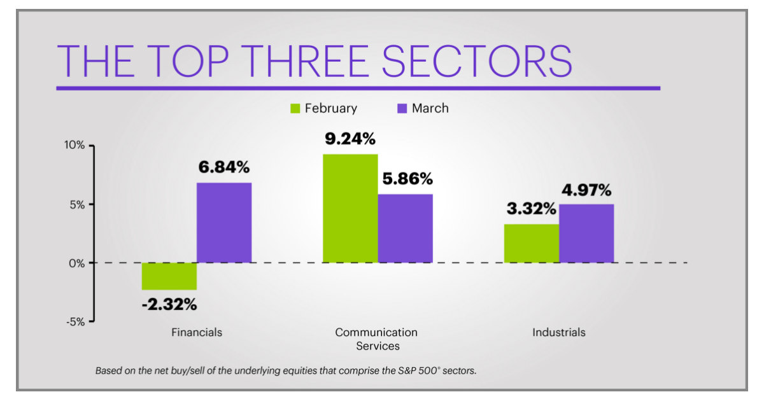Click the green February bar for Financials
coord(169,276)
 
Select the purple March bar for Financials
coord(223,223)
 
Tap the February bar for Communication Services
coord(350,208)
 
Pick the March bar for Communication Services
coord(405,228)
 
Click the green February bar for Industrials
coord(531,243)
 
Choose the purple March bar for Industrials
coord(586,233)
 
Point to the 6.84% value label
coord(223,167)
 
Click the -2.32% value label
coord(169,305)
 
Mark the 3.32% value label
coord(531,209)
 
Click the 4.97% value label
coord(586,190)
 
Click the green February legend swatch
coord(295,109)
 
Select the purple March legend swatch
coord(402,109)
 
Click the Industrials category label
coord(559,332)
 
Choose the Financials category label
coord(197,332)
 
